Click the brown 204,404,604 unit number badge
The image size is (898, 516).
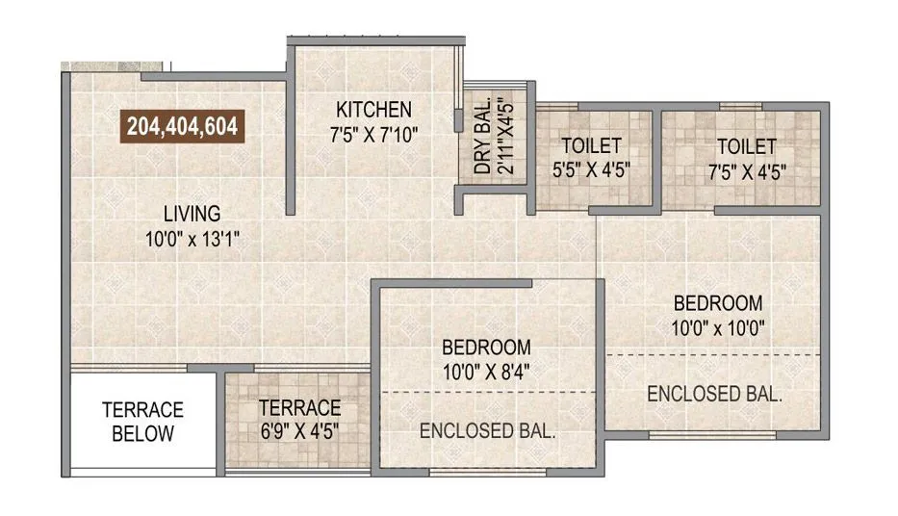click(183, 126)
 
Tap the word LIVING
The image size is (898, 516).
click(191, 214)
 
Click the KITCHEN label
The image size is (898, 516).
click(373, 109)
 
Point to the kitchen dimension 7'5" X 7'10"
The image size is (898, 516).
click(373, 134)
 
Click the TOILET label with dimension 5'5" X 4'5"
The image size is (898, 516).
click(591, 146)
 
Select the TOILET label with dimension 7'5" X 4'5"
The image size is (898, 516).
click(746, 146)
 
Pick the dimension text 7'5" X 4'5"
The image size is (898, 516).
click(746, 173)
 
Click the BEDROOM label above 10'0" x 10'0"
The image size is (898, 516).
click(717, 302)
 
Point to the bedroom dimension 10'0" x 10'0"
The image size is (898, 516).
click(717, 328)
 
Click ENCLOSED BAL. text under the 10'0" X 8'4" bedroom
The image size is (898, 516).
click(487, 431)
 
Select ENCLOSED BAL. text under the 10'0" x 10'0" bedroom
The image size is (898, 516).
click(714, 394)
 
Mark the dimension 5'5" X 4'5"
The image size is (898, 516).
click(591, 173)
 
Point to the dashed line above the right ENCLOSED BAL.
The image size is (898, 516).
click(712, 354)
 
